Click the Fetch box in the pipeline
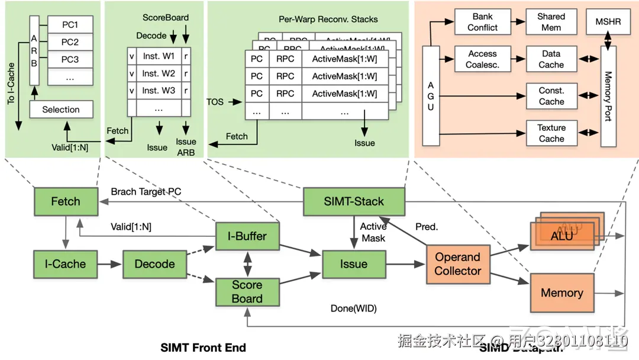(65, 201)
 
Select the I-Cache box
(65, 264)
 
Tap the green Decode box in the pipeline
(154, 264)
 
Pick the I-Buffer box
(247, 236)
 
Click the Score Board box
(247, 291)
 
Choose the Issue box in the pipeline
(353, 264)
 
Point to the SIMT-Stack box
(354, 201)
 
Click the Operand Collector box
(457, 264)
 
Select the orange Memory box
(561, 292)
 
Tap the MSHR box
(608, 22)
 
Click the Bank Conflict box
(482, 22)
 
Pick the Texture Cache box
(551, 133)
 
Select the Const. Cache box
(551, 97)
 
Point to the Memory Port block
(608, 96)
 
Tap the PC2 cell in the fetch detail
(70, 42)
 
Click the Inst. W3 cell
(159, 91)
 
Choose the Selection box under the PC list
(60, 110)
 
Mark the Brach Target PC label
(146, 192)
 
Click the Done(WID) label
(353, 308)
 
